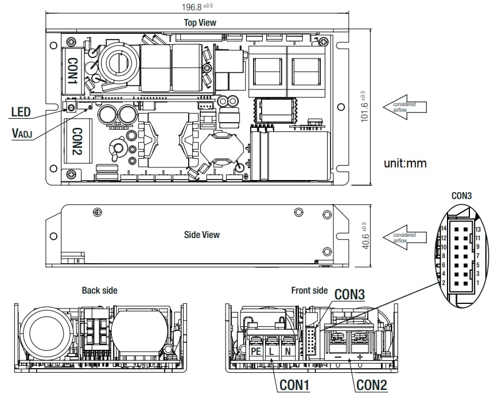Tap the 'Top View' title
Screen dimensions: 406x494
200,23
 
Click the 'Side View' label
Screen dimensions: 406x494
201,235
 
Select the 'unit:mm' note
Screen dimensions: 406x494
405,163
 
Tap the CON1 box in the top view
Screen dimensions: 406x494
73,71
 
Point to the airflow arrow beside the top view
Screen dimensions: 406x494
405,107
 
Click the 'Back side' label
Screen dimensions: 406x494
99,291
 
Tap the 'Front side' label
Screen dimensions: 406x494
309,291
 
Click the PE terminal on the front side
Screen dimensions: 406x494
256,350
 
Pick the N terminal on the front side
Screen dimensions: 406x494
288,350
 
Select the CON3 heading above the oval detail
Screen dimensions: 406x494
461,196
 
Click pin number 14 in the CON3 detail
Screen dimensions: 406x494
444,228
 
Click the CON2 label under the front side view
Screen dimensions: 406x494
372,385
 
